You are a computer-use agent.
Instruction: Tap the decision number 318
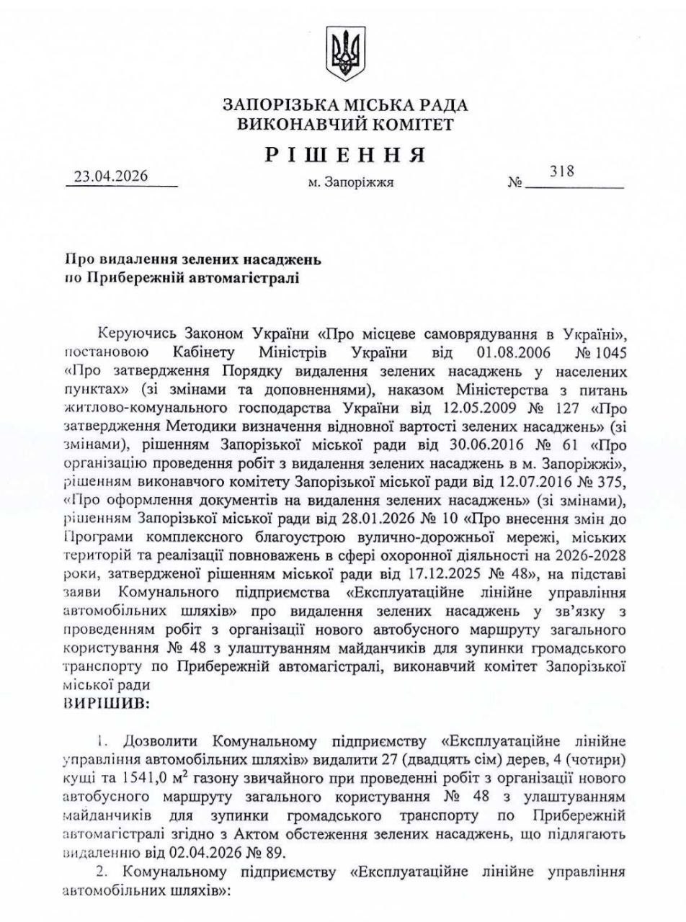pos(561,171)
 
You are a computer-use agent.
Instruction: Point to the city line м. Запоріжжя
pos(350,183)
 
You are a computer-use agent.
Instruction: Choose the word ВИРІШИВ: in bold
pos(107,703)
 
